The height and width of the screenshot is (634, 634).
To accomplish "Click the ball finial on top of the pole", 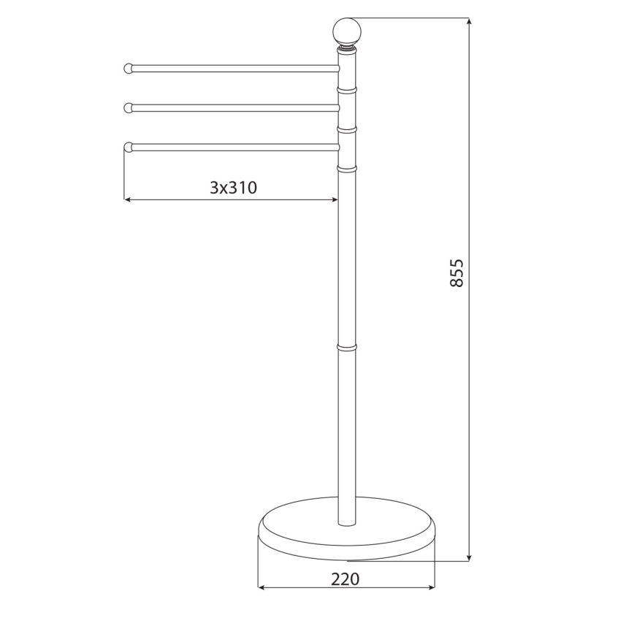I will coord(347,31).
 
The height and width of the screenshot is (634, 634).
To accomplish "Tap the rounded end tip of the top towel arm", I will coord(129,69).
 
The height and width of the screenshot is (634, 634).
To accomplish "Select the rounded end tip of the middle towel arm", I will coord(129,108).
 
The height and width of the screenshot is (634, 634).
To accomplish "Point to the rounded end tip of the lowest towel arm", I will coord(129,147).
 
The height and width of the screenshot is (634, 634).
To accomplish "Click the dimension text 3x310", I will coord(233,188).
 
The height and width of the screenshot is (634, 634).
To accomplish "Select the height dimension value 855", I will coord(456,272).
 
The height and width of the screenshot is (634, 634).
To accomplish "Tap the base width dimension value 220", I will coord(345,579).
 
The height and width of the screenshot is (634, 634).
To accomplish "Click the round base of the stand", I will coord(347,530).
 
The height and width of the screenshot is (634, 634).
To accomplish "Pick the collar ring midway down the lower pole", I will coord(347,346).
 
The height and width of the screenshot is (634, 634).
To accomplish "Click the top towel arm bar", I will coord(234,69).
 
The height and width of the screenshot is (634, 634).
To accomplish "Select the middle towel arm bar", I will coord(234,108).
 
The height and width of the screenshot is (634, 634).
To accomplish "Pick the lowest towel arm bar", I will coord(234,147).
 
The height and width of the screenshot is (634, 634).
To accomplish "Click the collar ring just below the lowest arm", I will coord(347,168).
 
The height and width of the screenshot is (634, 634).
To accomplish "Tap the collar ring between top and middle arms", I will coord(347,89).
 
